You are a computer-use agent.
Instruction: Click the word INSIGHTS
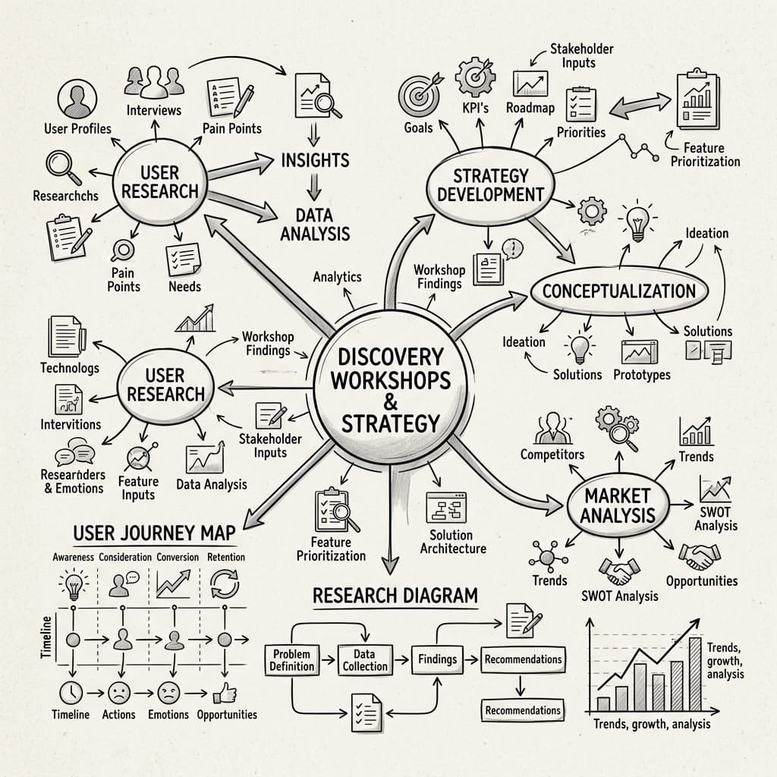(x=315, y=161)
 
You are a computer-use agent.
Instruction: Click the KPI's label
(x=475, y=108)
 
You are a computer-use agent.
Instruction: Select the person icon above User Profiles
(x=77, y=99)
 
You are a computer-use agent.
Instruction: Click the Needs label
(x=184, y=286)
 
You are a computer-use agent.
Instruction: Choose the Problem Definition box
(x=291, y=660)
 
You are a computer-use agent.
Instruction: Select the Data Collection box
(x=365, y=660)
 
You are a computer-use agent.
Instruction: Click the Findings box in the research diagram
(x=438, y=659)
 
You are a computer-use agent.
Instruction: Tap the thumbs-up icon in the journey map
(x=225, y=694)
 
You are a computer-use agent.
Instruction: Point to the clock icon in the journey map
(x=71, y=693)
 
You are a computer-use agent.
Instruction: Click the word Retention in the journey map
(x=226, y=557)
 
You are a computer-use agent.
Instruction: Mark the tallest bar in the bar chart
(x=695, y=675)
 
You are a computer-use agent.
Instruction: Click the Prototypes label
(x=642, y=375)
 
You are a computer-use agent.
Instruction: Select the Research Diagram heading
(x=395, y=596)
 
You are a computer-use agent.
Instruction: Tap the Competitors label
(x=552, y=455)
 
